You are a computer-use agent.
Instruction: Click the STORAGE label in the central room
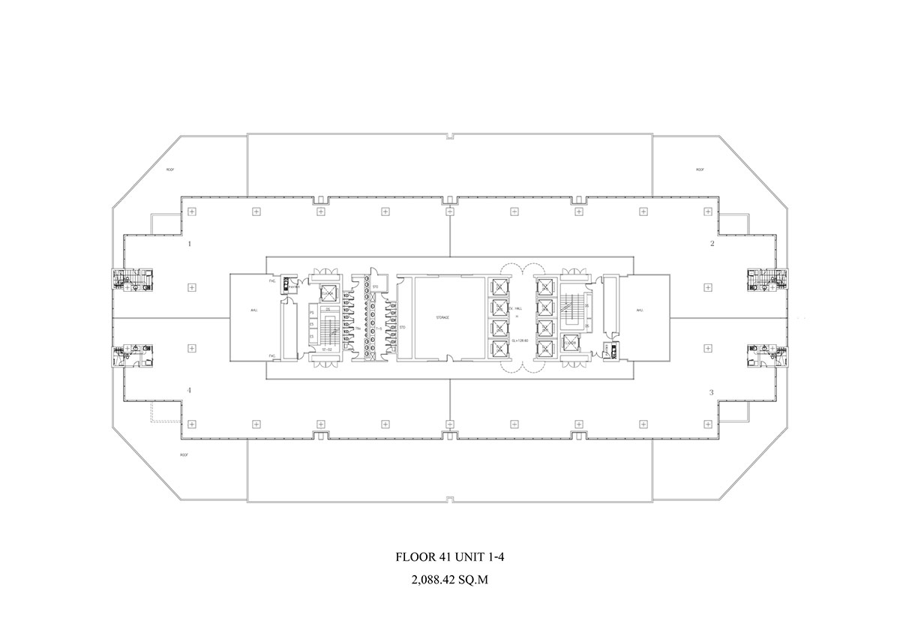coord(442,318)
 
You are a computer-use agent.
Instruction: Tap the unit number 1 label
coord(190,244)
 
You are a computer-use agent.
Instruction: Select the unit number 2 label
coord(712,244)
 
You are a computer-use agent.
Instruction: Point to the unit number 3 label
coord(710,392)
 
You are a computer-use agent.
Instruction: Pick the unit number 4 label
coord(190,390)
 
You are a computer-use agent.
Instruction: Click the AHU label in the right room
coord(640,310)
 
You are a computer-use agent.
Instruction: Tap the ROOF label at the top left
coord(171,170)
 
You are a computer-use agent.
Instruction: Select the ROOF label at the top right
coord(700,170)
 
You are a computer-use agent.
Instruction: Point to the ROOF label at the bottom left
coord(184,455)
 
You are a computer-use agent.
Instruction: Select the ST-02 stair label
coord(327,349)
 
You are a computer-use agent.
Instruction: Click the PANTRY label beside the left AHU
coord(295,286)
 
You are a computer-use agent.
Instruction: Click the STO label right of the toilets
coord(402,328)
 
